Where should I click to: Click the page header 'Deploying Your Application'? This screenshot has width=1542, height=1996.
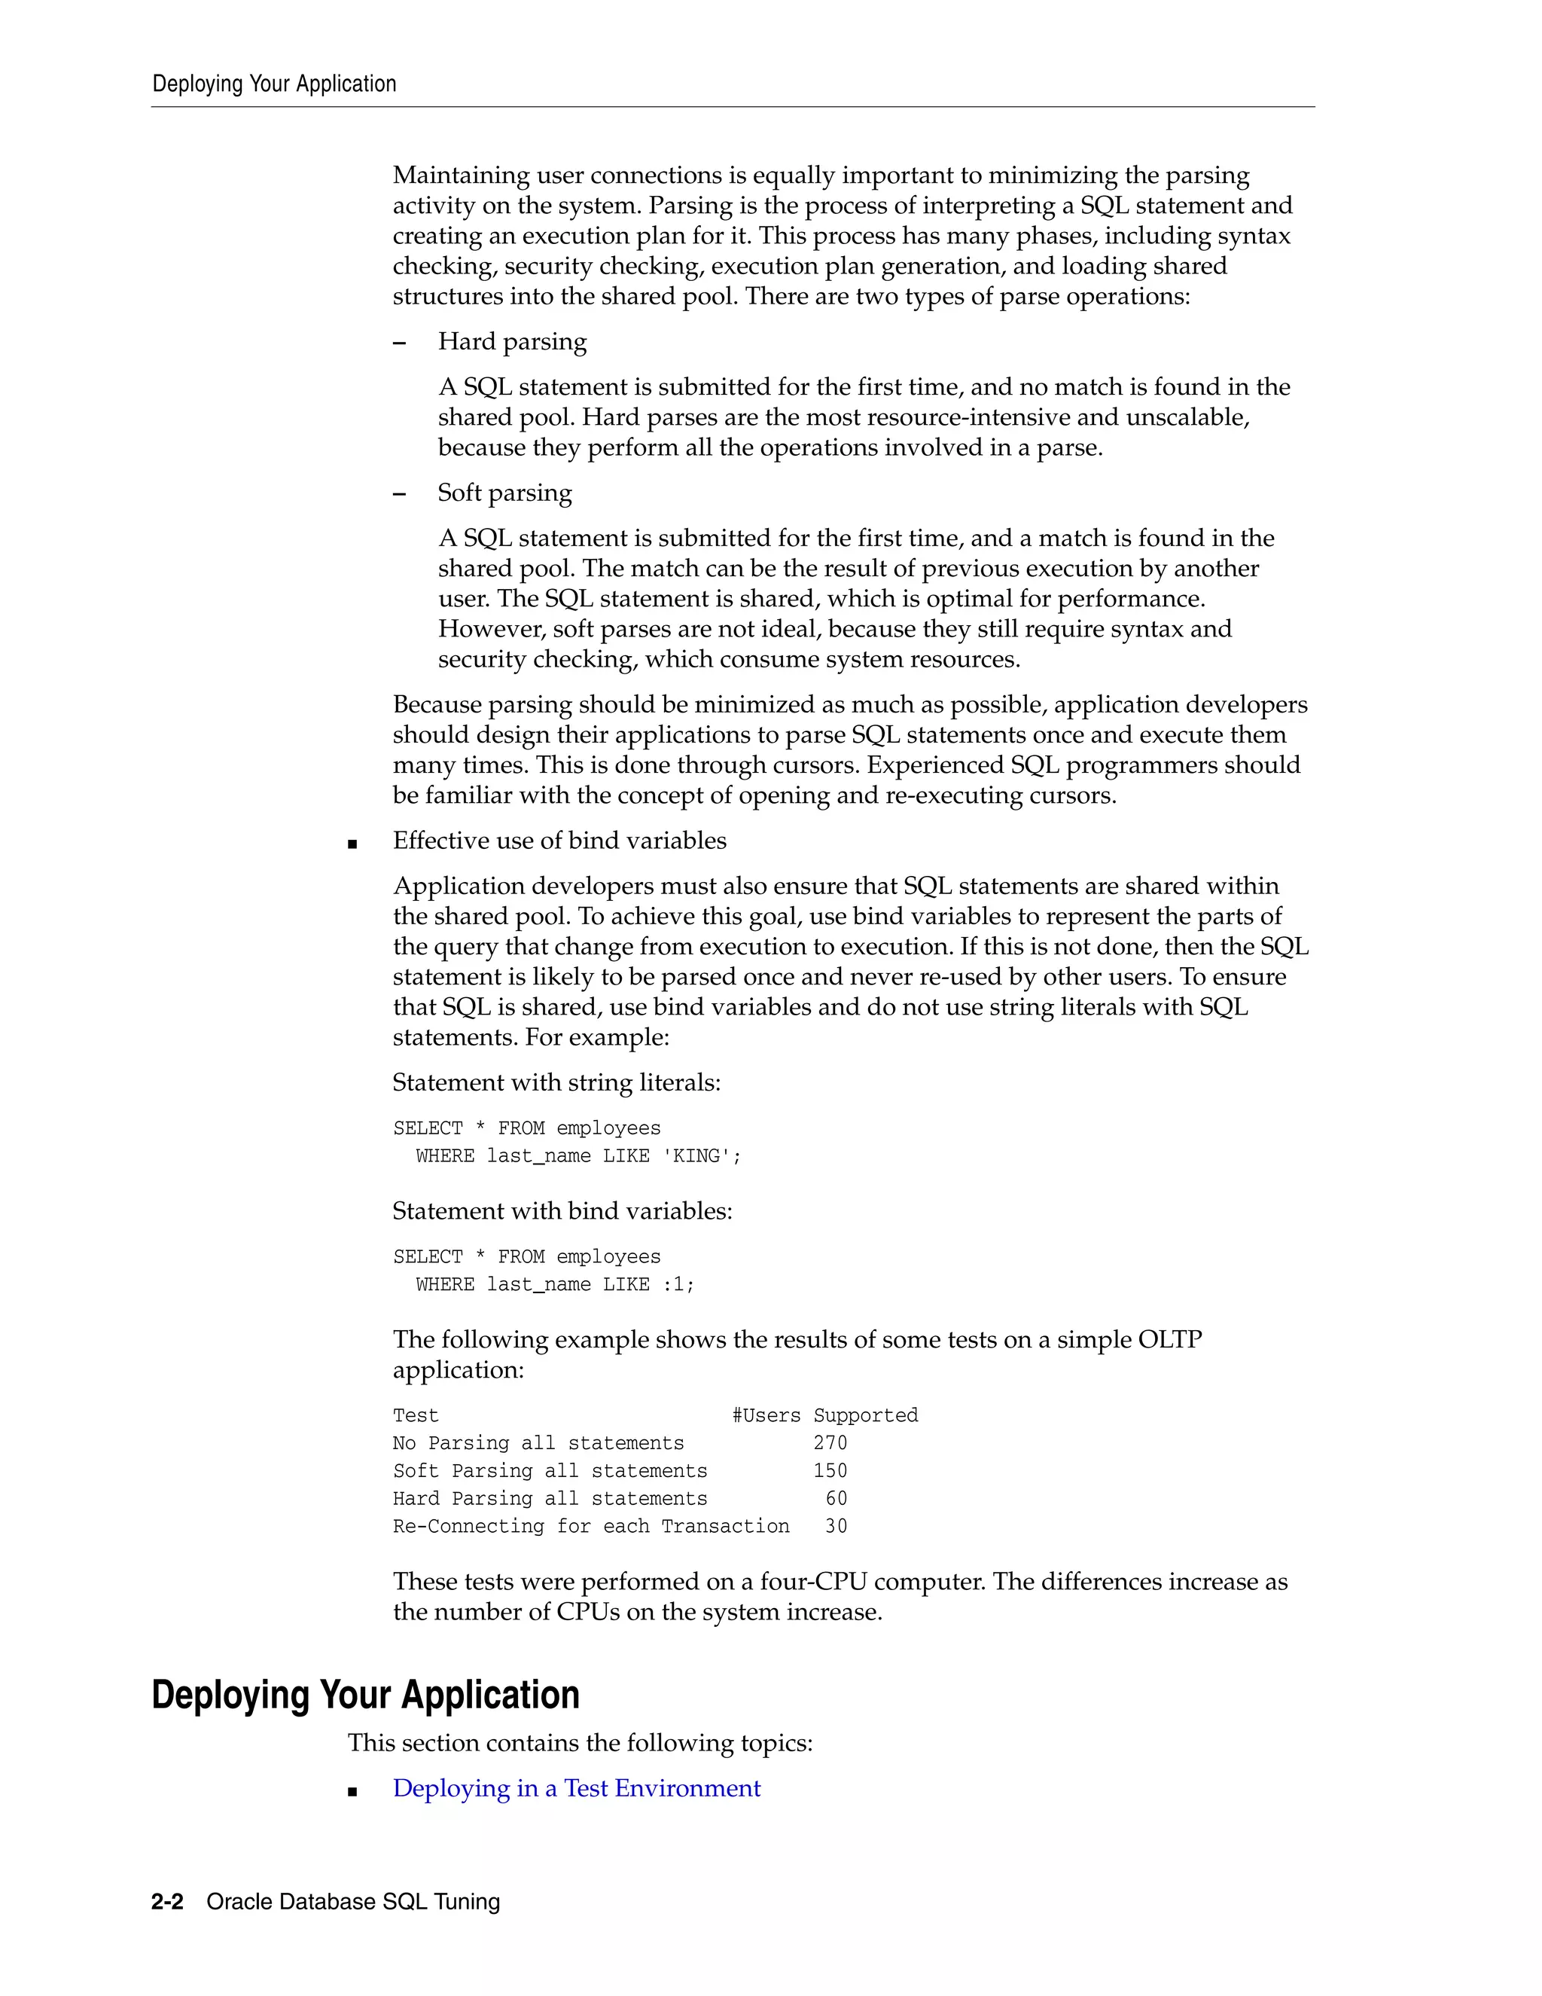click(x=274, y=84)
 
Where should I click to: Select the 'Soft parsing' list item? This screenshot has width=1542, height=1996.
click(x=504, y=493)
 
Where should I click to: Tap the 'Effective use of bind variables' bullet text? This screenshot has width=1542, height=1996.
click(x=559, y=841)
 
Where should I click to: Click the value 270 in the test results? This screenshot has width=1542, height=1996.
click(x=830, y=1443)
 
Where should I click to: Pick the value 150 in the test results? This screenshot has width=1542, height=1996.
click(x=830, y=1470)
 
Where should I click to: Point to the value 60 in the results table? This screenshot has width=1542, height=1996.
click(x=836, y=1499)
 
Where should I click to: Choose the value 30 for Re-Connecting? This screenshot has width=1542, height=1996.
click(x=836, y=1526)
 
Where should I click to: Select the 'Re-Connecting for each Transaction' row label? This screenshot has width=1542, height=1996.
click(x=591, y=1526)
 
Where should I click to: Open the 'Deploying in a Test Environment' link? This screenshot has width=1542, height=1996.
click(x=577, y=1789)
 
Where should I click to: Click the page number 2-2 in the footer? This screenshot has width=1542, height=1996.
click(x=167, y=1902)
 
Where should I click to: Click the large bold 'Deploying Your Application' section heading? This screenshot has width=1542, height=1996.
click(x=365, y=1695)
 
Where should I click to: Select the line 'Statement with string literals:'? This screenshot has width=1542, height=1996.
click(x=556, y=1083)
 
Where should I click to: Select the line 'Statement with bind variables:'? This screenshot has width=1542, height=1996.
click(x=562, y=1212)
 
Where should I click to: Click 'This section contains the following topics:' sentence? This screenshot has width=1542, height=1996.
click(x=580, y=1743)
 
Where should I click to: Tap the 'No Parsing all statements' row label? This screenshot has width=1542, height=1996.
click(x=538, y=1443)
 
